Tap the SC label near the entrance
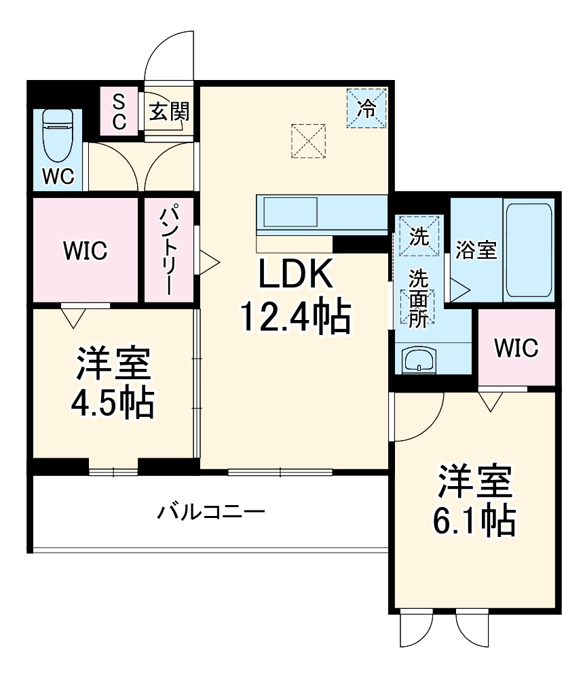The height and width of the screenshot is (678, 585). click(x=119, y=112)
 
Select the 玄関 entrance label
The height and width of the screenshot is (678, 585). click(x=168, y=112)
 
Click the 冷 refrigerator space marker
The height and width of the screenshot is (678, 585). click(x=366, y=108)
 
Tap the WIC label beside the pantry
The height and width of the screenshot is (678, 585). click(x=86, y=252)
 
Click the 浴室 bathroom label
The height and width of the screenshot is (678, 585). click(x=476, y=251)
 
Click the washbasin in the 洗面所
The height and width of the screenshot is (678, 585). click(x=418, y=361)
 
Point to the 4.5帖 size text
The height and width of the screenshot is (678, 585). click(x=113, y=404)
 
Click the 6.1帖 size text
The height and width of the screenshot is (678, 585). click(x=474, y=521)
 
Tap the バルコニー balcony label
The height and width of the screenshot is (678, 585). click(x=211, y=511)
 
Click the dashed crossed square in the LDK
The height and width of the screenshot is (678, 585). click(x=309, y=140)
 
